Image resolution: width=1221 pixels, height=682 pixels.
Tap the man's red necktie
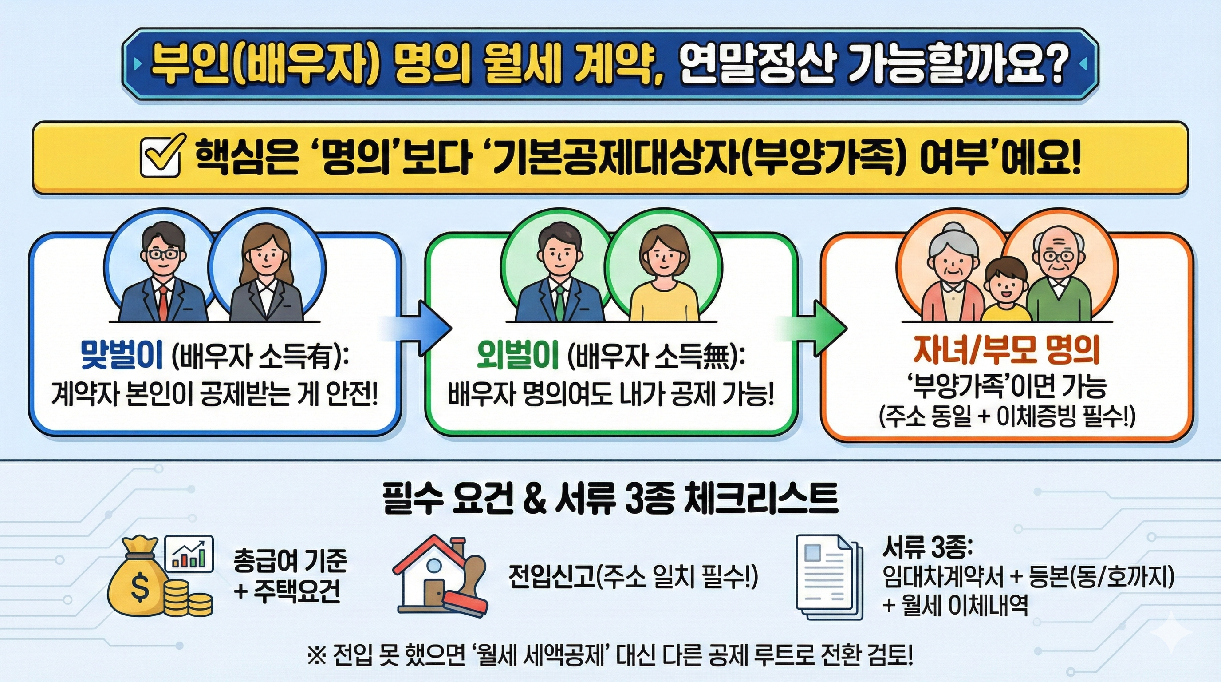pos(162,301)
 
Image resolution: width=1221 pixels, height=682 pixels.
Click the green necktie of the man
pos(559,301)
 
